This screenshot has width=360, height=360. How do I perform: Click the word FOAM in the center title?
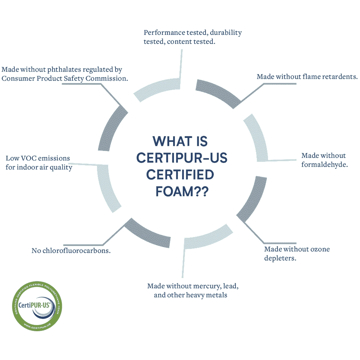coord(174,191)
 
